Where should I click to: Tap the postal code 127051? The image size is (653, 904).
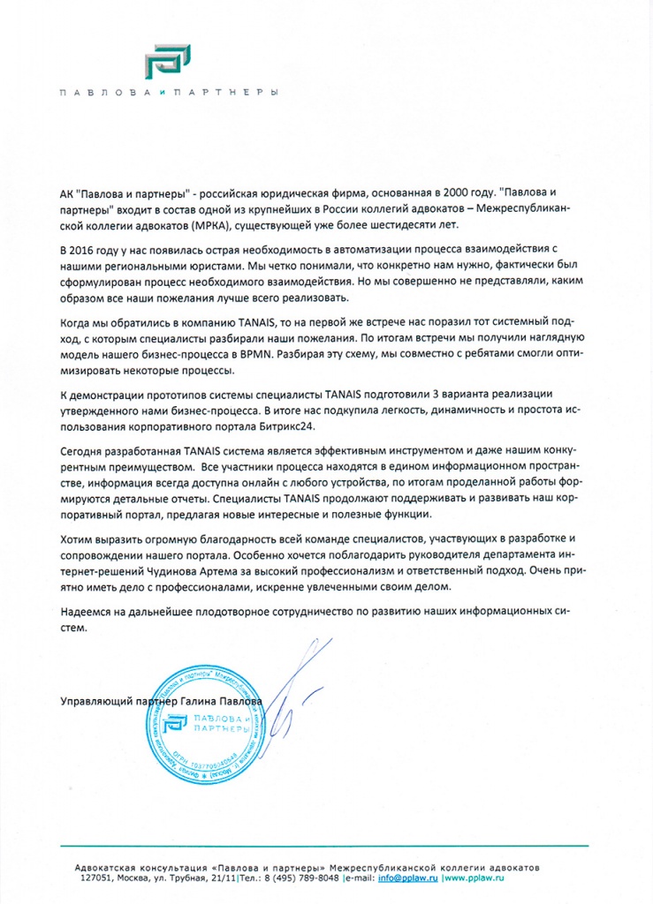point(97,878)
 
